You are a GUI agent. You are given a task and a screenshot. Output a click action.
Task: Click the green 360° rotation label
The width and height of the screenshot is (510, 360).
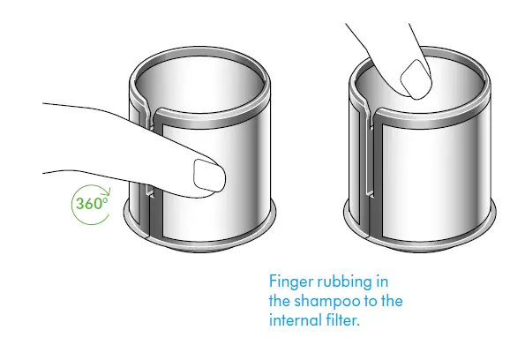[x=92, y=204]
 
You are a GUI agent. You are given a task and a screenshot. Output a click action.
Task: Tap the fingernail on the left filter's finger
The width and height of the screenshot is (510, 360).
[x=209, y=176]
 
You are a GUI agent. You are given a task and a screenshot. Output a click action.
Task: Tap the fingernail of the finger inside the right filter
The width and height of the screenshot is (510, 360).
[x=416, y=79]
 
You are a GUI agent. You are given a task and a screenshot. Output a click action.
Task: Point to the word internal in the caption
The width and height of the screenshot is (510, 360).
[x=296, y=320]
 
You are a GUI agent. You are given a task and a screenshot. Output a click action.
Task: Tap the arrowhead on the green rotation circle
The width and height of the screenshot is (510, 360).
[x=108, y=191]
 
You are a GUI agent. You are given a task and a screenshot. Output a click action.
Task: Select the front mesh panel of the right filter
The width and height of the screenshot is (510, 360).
[x=431, y=182]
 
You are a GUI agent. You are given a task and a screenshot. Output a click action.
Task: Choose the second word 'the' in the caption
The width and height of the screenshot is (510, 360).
[x=392, y=301]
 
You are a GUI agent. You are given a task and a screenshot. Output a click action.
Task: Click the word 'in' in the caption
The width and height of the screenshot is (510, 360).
[x=383, y=281]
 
